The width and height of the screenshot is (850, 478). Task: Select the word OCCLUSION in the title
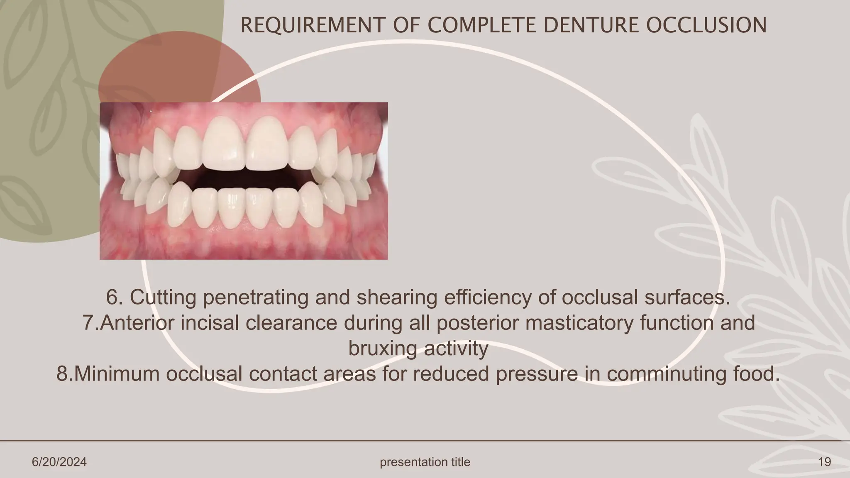coord(706,25)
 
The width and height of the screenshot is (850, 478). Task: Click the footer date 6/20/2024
coord(59,462)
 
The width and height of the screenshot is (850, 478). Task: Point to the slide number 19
coord(824,462)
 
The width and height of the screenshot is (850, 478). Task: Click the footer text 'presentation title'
coord(425,462)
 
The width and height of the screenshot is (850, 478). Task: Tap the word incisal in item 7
coord(209,323)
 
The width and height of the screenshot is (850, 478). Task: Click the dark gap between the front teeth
coord(245,178)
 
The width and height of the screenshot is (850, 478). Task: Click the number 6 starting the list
coord(112,297)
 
